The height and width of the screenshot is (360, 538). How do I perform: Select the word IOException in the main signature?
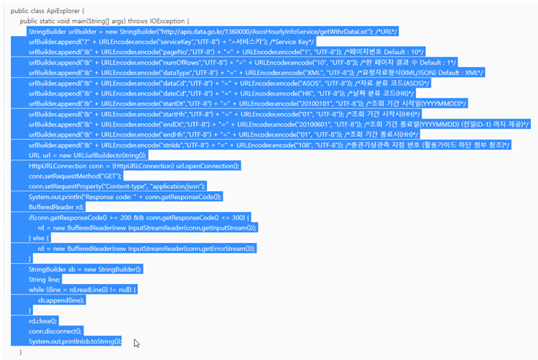click(166, 22)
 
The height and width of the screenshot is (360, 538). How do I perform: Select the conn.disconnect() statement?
click(54, 331)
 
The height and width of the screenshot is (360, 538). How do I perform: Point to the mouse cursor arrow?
click(136, 343)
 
